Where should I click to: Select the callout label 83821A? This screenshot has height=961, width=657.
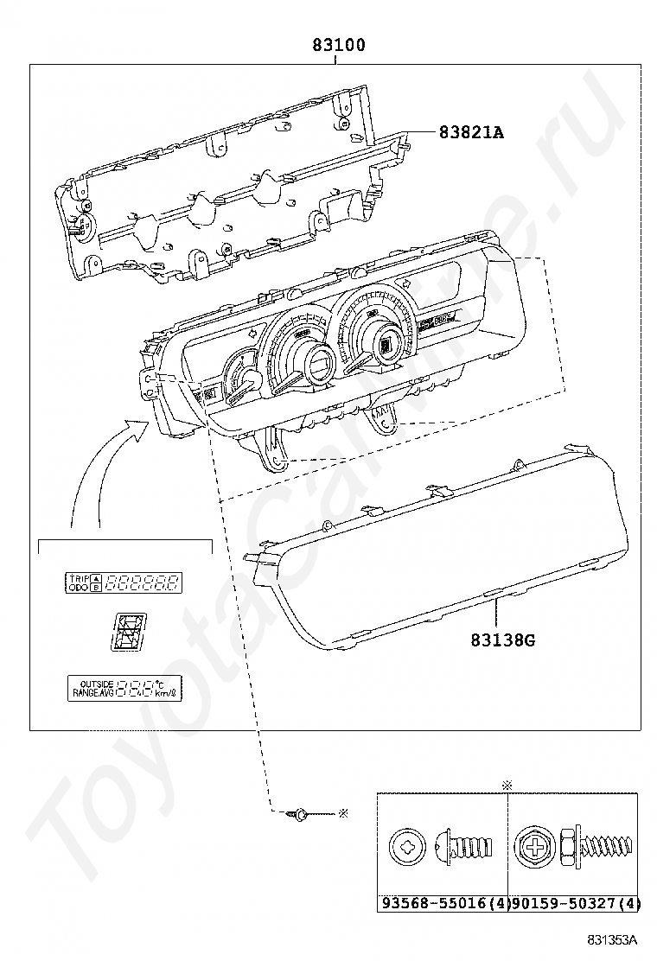pyautogui.click(x=471, y=132)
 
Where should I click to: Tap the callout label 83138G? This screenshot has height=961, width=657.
pyautogui.click(x=503, y=640)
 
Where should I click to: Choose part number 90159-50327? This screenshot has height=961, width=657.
pyautogui.click(x=565, y=903)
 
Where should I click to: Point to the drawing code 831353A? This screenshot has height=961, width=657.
pyautogui.click(x=612, y=939)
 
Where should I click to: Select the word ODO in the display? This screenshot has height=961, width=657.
pyautogui.click(x=79, y=587)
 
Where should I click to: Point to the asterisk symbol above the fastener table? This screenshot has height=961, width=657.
pyautogui.click(x=507, y=785)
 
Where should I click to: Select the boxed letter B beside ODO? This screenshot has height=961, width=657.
pyautogui.click(x=95, y=587)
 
